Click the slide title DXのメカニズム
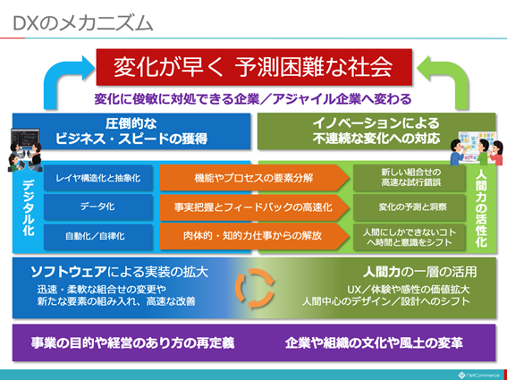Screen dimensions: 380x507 (x=83, y=22)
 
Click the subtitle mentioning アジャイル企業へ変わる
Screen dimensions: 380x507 (x=253, y=97)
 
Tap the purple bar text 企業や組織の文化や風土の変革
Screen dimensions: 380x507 (x=376, y=342)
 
